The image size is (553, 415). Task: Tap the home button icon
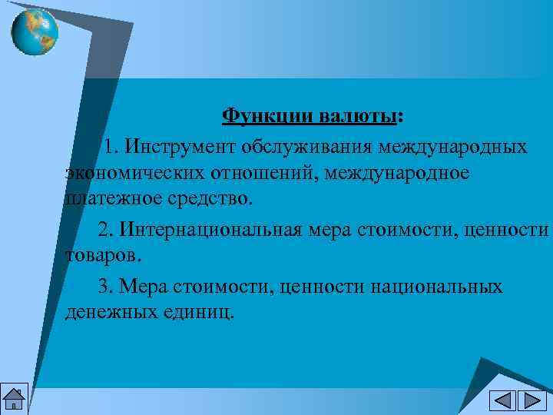[x=14, y=399]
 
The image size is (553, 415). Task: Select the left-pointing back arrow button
[x=503, y=400]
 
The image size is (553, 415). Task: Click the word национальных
[x=436, y=287]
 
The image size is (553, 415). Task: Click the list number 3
[x=104, y=287]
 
